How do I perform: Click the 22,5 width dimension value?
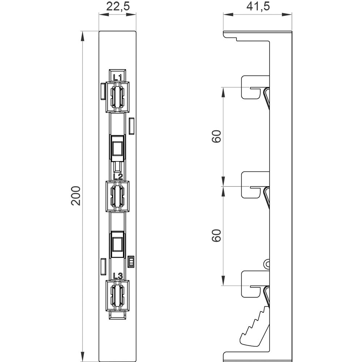[x=118, y=7]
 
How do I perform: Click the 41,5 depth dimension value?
[x=258, y=7]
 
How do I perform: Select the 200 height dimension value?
[x=76, y=196]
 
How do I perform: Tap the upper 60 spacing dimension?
[x=216, y=136]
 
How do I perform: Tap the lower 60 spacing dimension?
[x=216, y=236]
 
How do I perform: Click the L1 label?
[x=118, y=77]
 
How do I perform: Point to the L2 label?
[x=118, y=177]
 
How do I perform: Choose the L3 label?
[x=118, y=276]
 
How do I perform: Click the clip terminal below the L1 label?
[x=118, y=97]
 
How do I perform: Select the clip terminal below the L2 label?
[x=118, y=196]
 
